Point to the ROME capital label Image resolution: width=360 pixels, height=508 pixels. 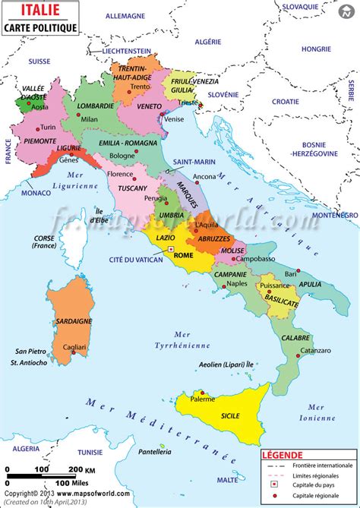point(184,255)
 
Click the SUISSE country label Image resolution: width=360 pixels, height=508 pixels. point(39,60)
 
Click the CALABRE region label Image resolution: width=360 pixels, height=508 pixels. point(296,337)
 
